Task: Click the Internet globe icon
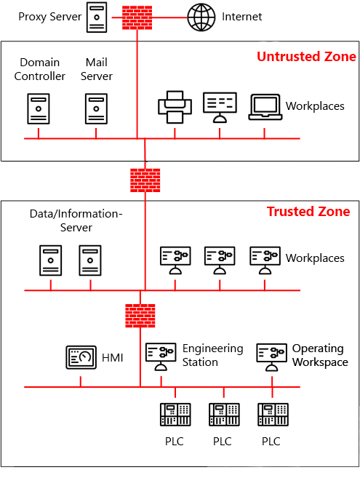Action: [x=201, y=17]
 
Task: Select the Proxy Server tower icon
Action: [x=97, y=17]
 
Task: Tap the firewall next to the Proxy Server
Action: [x=137, y=17]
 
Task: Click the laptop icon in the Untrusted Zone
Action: [x=264, y=107]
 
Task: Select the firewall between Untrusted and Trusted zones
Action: [x=145, y=180]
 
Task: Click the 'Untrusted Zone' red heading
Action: [x=306, y=57]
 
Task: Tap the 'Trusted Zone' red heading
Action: [x=308, y=212]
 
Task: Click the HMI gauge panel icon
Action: [x=81, y=357]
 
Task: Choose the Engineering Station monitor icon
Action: [x=160, y=355]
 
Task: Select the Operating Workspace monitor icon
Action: [x=271, y=355]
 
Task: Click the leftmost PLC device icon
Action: [x=175, y=415]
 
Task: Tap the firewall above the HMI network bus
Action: [x=139, y=316]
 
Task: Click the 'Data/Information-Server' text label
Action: [x=76, y=220]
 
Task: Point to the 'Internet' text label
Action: [x=242, y=17]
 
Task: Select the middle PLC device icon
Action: [x=223, y=415]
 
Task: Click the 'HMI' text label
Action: [x=113, y=357]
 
